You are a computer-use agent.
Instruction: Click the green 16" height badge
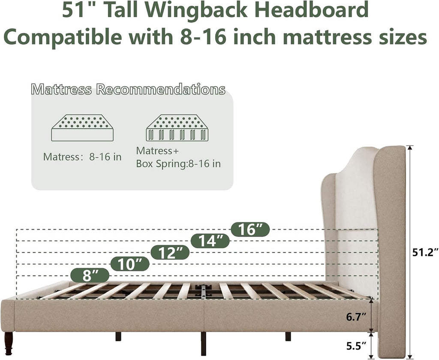point(250,230)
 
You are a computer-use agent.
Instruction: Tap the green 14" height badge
point(210,241)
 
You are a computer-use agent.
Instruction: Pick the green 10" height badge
point(130,264)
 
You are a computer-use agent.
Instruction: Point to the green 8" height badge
point(90,276)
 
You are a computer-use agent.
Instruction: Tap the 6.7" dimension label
point(356,317)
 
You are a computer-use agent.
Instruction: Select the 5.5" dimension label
point(356,346)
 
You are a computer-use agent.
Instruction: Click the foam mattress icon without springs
point(82,128)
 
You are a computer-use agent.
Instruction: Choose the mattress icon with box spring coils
point(177,128)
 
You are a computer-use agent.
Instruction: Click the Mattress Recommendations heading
point(128,89)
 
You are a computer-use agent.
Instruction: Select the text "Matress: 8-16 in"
point(82,157)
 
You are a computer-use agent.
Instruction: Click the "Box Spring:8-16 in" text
point(178,164)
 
